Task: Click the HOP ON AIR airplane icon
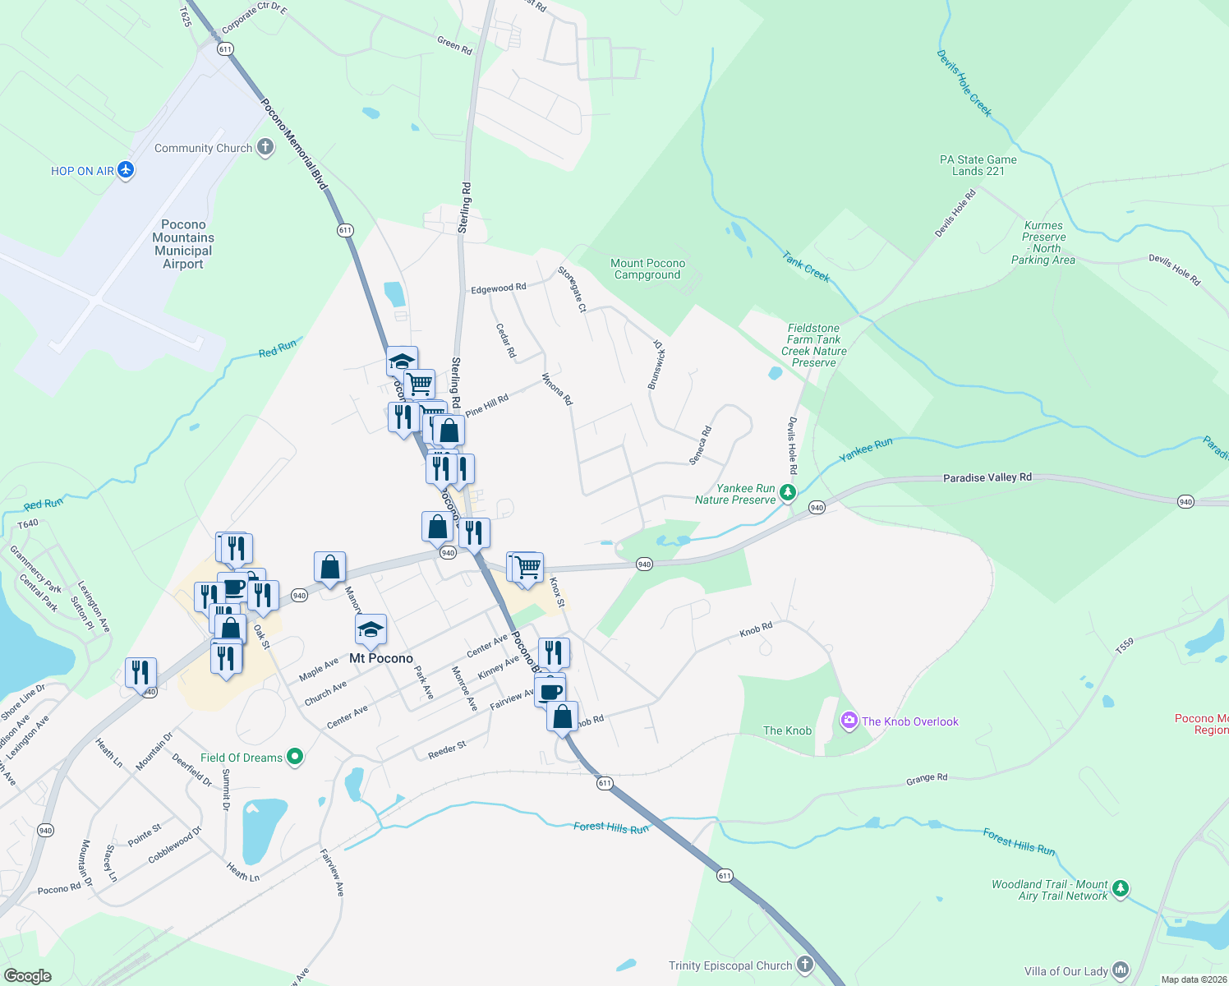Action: coord(126,170)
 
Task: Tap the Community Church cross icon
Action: coord(265,148)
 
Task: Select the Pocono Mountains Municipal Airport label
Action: coord(183,244)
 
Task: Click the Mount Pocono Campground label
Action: coord(647,269)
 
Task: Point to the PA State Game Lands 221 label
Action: coord(978,165)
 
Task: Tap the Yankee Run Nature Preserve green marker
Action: coord(788,493)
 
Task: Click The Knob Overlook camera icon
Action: coord(849,721)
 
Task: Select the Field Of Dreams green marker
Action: coord(296,757)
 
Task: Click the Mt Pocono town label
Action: coord(381,658)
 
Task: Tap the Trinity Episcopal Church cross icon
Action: coord(805,965)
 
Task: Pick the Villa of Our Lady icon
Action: coord(1121,970)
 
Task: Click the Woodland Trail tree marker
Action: coord(1120,889)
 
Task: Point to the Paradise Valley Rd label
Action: coord(987,477)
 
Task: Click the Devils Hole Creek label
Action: coord(964,83)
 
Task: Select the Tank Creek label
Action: coord(806,267)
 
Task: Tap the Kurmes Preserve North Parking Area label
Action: coord(1043,242)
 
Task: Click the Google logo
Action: coord(28,975)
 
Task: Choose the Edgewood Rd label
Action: coord(498,288)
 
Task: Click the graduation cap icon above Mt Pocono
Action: coord(371,629)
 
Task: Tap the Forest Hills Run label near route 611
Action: coord(610,827)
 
